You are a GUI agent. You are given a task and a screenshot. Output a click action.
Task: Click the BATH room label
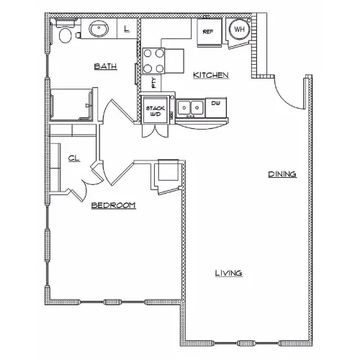106,66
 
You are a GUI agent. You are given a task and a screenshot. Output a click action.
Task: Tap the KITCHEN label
211,75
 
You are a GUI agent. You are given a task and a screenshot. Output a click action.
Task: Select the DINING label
282,174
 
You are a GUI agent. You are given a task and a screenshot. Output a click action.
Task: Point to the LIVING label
228,273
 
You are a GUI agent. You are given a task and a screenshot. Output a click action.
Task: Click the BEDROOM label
114,205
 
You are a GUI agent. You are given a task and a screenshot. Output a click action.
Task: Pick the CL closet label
74,158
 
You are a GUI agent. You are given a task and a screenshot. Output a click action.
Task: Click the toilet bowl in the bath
65,35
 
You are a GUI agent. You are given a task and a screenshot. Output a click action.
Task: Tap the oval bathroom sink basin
99,29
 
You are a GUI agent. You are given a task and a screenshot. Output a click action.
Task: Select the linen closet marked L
127,29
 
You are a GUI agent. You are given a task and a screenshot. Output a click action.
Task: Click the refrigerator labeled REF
210,32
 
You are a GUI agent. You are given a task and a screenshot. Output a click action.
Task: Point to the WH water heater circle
239,29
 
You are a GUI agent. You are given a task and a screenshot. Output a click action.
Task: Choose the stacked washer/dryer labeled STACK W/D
156,110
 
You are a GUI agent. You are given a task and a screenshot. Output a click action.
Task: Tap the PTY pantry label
154,83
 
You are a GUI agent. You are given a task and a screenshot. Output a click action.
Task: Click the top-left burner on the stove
148,53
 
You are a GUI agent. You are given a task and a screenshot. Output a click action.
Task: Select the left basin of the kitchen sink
184,107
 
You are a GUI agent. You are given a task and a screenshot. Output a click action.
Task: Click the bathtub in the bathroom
71,104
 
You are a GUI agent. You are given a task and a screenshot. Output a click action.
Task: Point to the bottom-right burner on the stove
159,69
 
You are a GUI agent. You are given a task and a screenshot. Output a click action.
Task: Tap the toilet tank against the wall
65,23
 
